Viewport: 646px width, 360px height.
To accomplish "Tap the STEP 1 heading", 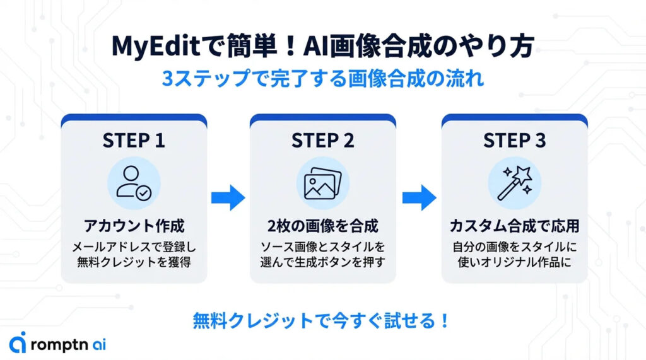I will pyautogui.click(x=134, y=141).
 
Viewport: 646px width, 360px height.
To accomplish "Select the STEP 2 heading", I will pyautogui.click(x=322, y=141).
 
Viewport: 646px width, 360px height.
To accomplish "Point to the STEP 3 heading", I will pyautogui.click(x=514, y=141).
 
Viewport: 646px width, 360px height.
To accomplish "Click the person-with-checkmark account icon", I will pyautogui.click(x=133, y=183).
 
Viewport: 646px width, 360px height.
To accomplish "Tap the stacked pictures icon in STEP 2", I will pyautogui.click(x=322, y=183).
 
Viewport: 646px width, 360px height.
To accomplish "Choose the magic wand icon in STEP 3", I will pyautogui.click(x=514, y=183).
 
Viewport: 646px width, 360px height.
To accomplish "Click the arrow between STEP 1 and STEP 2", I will pyautogui.click(x=228, y=197).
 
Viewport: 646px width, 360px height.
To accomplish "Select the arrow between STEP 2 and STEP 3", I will pyautogui.click(x=420, y=197).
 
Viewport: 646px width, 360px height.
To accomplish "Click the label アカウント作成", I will pyautogui.click(x=134, y=226).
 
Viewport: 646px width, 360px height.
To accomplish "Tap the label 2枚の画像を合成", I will pyautogui.click(x=322, y=226).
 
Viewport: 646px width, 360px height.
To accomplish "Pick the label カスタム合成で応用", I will pyautogui.click(x=514, y=226).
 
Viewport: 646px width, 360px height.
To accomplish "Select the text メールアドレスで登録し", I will pyautogui.click(x=134, y=245).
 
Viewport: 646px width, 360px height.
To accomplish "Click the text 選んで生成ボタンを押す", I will pyautogui.click(x=322, y=260).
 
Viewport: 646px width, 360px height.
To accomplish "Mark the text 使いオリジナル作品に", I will pyautogui.click(x=514, y=260).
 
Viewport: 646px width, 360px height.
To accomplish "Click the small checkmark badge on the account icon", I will pyautogui.click(x=144, y=193).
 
